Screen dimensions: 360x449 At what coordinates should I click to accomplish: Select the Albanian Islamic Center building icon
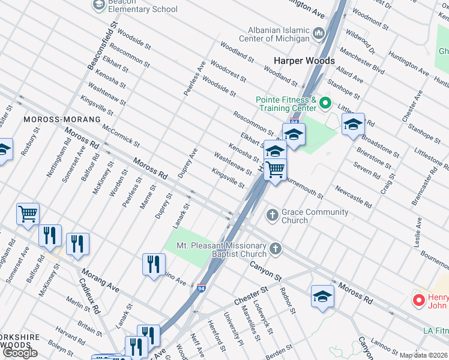click(318, 32)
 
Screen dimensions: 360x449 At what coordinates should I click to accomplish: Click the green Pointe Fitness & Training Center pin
click(326, 103)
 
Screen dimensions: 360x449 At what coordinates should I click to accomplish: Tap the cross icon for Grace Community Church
click(272, 215)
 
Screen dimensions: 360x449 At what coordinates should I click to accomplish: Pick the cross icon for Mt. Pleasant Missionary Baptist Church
click(276, 248)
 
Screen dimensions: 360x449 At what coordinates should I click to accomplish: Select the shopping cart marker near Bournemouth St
click(275, 170)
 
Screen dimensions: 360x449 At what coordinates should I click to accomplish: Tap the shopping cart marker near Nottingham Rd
click(28, 214)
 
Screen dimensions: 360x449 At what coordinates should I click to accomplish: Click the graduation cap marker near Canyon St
click(322, 296)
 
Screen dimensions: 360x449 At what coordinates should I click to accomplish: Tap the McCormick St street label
click(121, 136)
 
